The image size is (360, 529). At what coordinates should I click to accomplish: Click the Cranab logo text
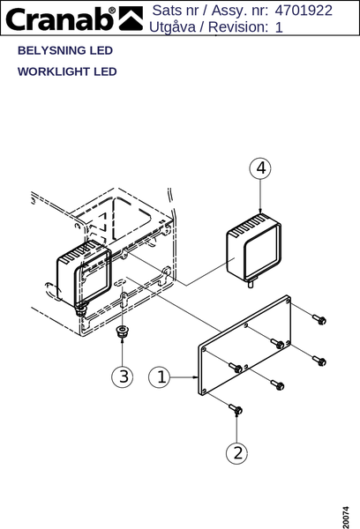click(x=60, y=19)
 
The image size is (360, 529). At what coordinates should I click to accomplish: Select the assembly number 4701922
click(x=304, y=11)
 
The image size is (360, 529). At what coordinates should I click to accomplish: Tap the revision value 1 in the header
click(x=279, y=27)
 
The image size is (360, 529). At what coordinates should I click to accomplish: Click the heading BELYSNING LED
click(x=65, y=50)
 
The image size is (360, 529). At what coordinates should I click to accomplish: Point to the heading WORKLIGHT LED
click(x=67, y=71)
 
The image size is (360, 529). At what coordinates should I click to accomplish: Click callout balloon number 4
click(x=260, y=168)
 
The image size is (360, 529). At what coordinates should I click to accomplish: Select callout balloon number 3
click(x=123, y=376)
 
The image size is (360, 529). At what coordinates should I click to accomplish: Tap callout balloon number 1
click(x=160, y=376)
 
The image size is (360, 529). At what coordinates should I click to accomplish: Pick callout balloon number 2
click(x=236, y=453)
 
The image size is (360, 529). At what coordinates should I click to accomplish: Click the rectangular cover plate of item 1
click(x=244, y=345)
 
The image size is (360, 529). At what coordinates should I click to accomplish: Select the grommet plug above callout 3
click(x=122, y=331)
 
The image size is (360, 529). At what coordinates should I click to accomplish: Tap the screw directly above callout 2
click(x=236, y=409)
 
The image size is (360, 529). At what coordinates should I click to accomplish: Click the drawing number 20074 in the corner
click(x=346, y=517)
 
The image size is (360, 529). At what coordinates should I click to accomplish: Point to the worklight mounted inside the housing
click(x=84, y=274)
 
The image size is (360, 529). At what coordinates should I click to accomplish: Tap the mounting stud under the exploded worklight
click(x=251, y=283)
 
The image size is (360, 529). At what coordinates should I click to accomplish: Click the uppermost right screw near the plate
click(x=319, y=319)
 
